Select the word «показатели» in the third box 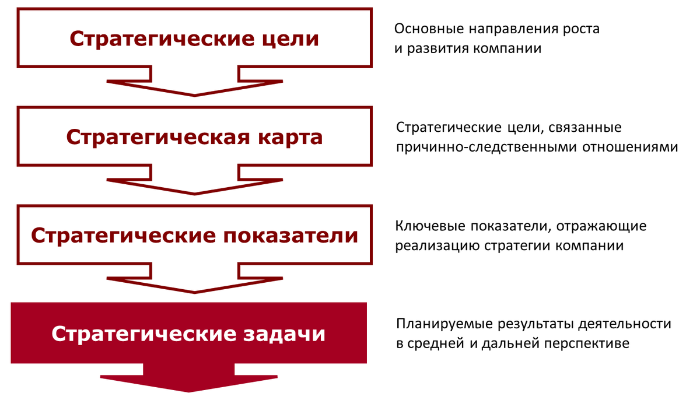[290, 236]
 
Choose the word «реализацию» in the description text [437, 246]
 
